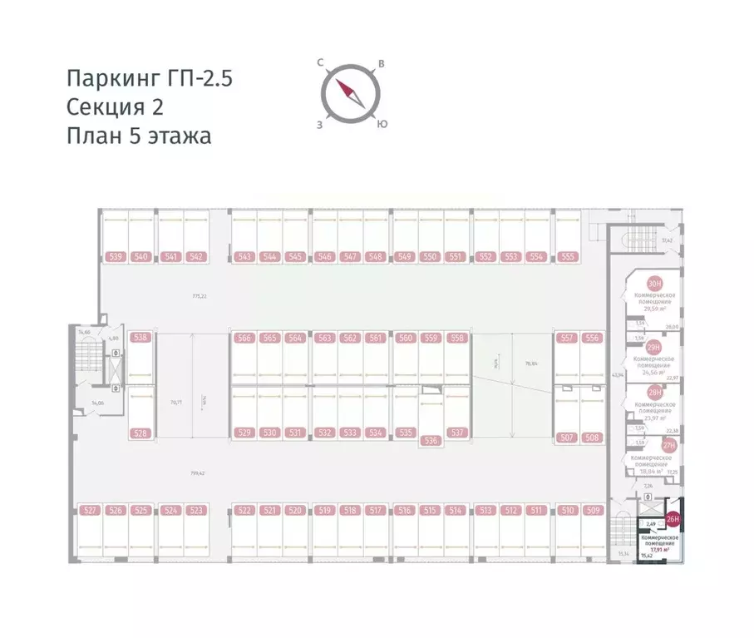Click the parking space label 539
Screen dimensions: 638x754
point(115,257)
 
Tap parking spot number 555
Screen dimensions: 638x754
point(568,257)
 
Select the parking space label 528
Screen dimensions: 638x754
point(140,433)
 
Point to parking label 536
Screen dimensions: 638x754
point(430,440)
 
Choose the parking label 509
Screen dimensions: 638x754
point(593,511)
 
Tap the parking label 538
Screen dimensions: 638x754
point(140,338)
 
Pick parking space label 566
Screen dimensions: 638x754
point(244,339)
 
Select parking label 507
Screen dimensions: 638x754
point(568,438)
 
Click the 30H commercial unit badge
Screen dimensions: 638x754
point(655,284)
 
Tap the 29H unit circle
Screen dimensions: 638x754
point(654,346)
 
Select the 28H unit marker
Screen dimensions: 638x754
point(655,393)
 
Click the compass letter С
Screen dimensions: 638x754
point(320,62)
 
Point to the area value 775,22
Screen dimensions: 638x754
point(199,296)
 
